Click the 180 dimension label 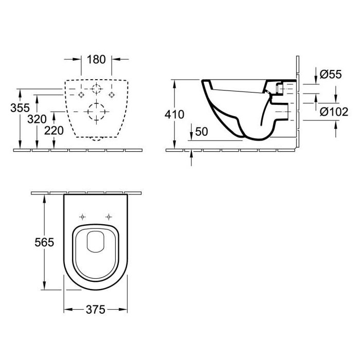(x=96, y=60)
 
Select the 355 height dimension (x=20, y=108)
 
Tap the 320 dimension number (x=37, y=119)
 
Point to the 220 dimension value (x=54, y=131)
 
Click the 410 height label (x=174, y=115)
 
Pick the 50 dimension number (x=202, y=132)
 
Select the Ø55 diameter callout (x=331, y=75)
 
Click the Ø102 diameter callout (x=334, y=112)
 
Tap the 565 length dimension (x=44, y=242)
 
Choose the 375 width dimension (x=96, y=310)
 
